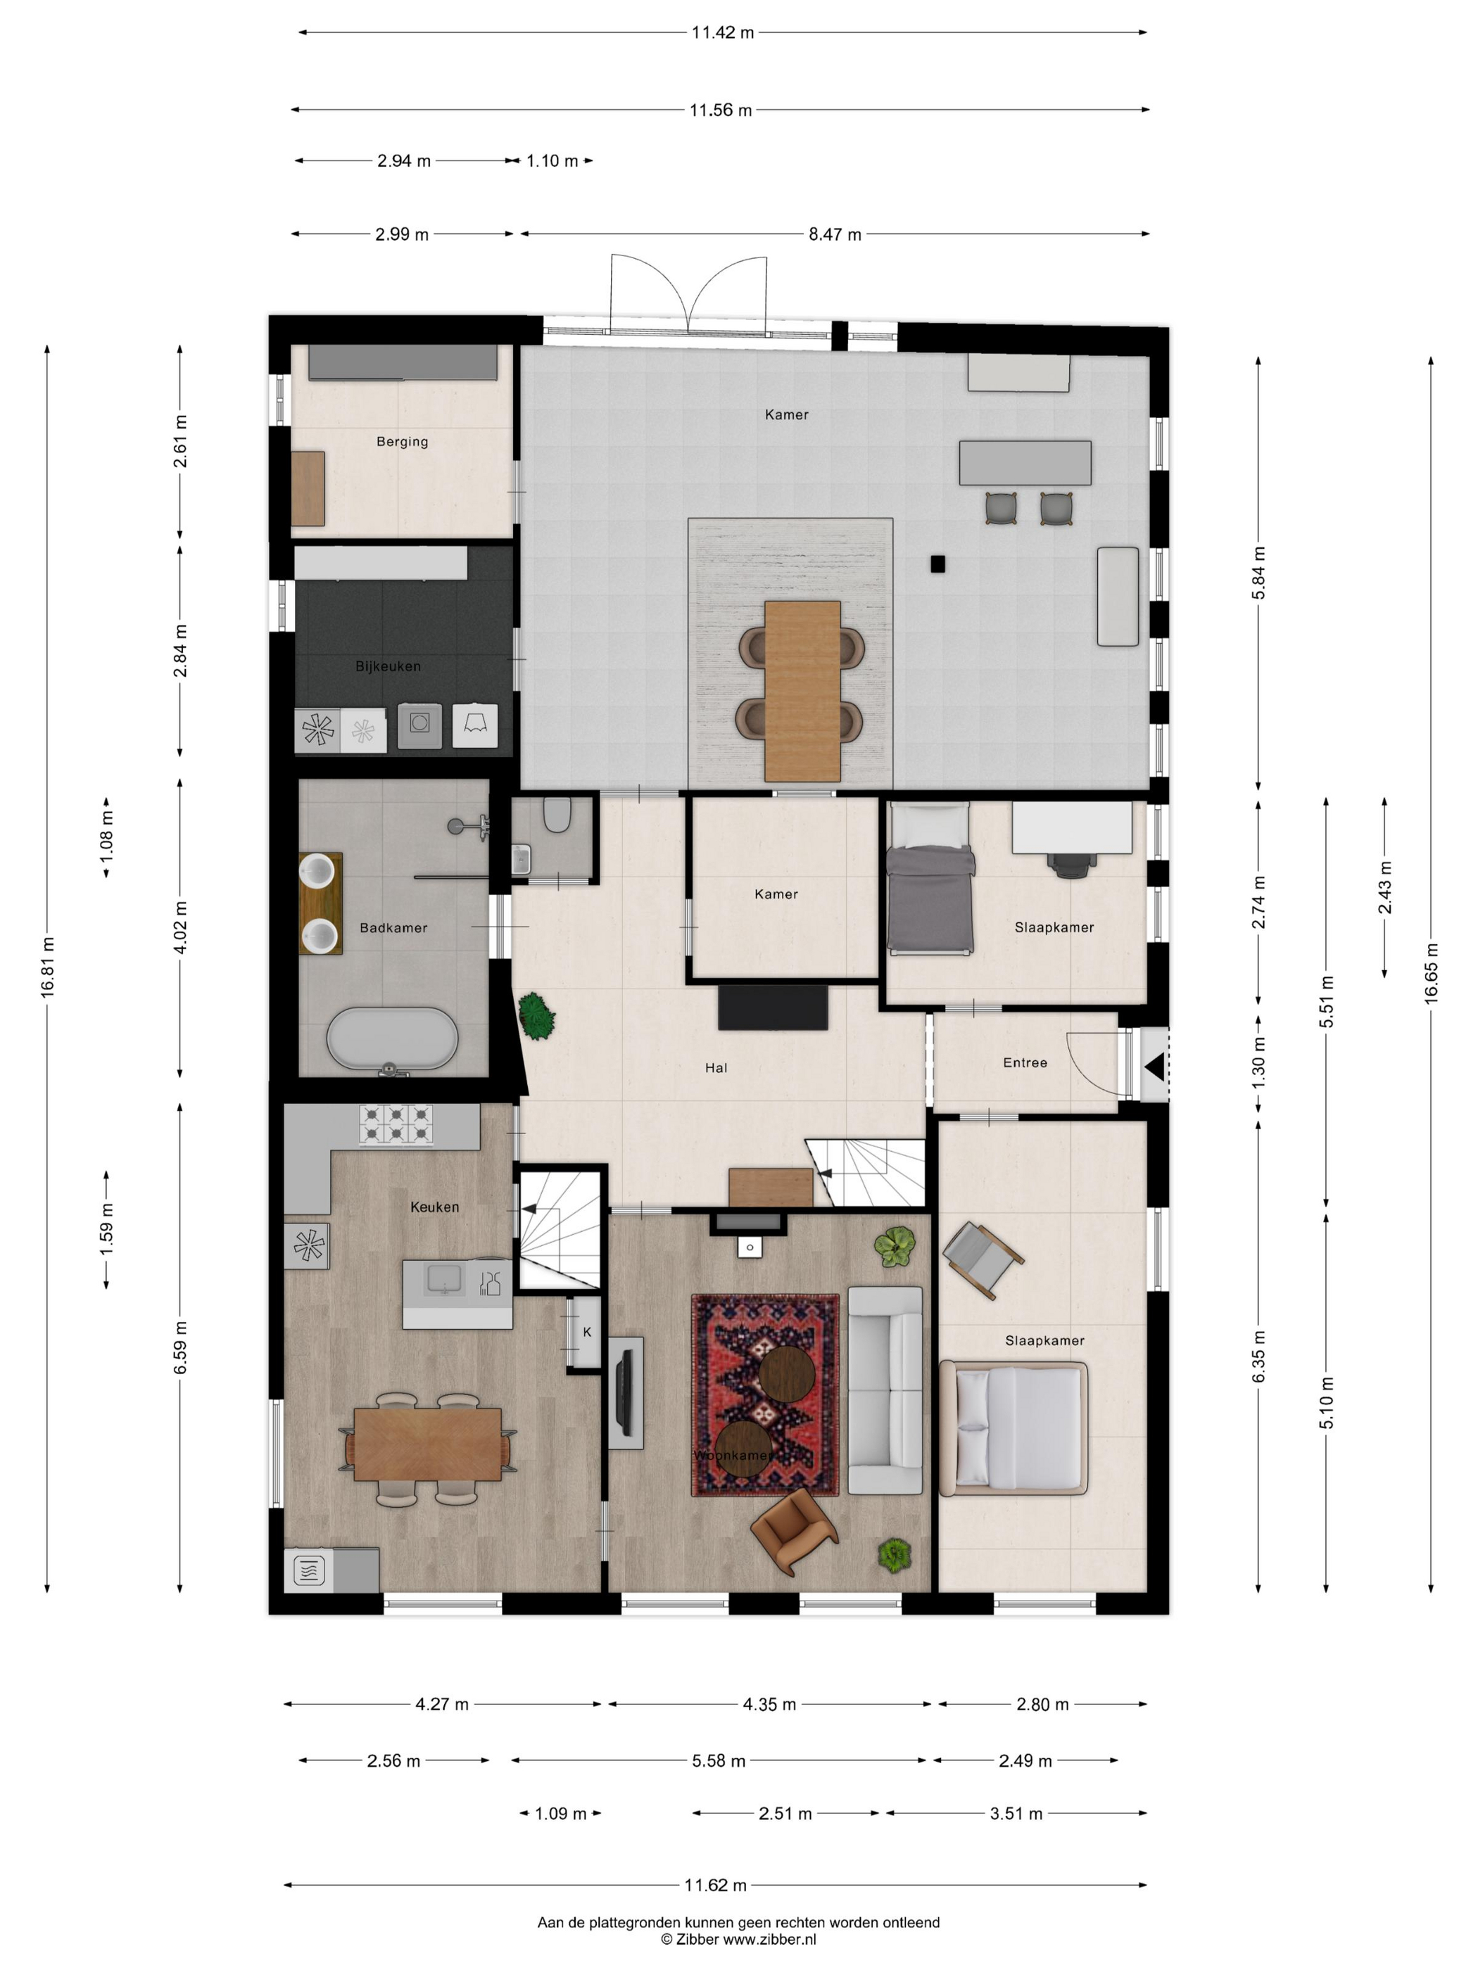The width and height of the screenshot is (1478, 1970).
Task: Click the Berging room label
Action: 402,442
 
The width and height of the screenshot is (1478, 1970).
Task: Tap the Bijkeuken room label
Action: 388,666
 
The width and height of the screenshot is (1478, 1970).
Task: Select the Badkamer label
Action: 393,928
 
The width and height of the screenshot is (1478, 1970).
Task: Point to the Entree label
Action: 1025,1062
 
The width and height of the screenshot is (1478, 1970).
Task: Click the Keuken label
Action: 435,1207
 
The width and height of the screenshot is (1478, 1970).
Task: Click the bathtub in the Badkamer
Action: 392,1039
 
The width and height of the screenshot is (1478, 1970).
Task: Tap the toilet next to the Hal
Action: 557,813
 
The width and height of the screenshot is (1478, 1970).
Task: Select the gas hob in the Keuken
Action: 396,1124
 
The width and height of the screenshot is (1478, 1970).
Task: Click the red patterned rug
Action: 765,1394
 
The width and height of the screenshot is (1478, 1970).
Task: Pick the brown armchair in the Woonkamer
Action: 794,1531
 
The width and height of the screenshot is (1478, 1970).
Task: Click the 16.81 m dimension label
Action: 48,966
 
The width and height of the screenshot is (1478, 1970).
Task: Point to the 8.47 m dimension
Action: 835,234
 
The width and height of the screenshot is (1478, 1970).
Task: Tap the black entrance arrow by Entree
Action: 1155,1066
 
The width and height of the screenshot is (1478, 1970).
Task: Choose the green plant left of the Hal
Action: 536,1016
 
